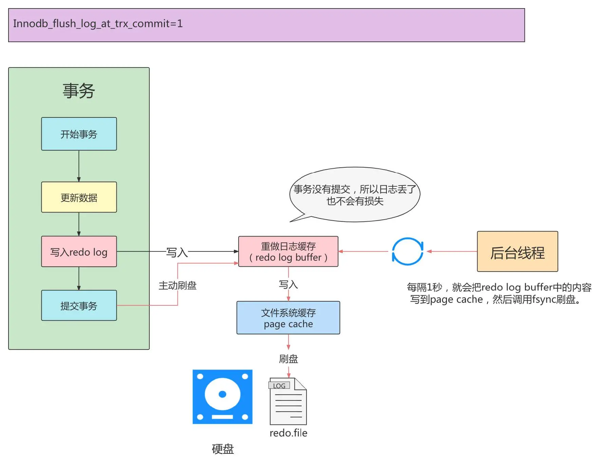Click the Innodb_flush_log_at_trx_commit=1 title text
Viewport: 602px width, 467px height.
tap(98, 24)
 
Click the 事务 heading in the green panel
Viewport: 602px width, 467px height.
tap(79, 91)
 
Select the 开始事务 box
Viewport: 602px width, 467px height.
tap(79, 134)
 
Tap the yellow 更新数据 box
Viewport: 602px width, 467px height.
tap(79, 197)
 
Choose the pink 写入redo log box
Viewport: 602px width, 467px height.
tap(79, 252)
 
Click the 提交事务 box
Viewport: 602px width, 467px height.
tap(79, 305)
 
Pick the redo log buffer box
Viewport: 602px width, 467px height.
tap(288, 251)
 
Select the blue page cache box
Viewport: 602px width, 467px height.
tap(288, 318)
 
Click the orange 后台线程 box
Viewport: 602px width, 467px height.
tap(517, 251)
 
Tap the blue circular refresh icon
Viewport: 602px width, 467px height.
tap(407, 251)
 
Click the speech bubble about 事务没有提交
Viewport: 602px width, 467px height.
tap(355, 195)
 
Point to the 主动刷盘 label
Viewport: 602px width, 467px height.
tap(177, 285)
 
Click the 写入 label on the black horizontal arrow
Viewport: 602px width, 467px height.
tap(177, 252)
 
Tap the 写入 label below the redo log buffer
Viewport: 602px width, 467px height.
tap(288, 284)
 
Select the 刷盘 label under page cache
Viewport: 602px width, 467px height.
tap(288, 359)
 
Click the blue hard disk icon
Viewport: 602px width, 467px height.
tap(222, 397)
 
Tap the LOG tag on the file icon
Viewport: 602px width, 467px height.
tap(279, 386)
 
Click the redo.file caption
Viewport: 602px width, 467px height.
tap(288, 433)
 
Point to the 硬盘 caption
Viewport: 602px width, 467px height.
tap(223, 449)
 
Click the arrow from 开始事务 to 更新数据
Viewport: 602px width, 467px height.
tap(79, 166)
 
